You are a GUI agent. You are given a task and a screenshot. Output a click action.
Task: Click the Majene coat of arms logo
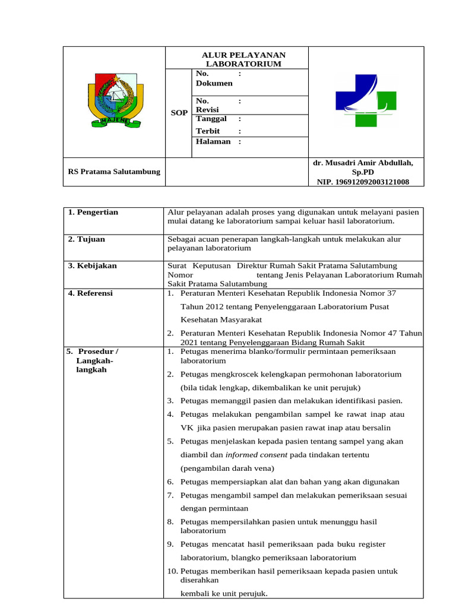coord(115,99)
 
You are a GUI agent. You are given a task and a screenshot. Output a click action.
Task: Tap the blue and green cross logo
coord(366,100)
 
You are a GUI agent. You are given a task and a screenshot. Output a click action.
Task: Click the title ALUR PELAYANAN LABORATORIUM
coord(236,59)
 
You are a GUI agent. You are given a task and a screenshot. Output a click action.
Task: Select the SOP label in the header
coord(179,113)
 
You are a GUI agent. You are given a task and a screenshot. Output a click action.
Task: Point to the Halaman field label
coord(213,141)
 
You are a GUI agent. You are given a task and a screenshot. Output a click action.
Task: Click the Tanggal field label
coord(211,119)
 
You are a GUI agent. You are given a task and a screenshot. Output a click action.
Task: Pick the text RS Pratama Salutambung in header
coord(113,172)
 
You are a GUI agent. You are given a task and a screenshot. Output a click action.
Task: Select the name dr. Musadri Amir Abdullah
coord(363,163)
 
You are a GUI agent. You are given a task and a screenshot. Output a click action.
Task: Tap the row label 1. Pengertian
coord(93,212)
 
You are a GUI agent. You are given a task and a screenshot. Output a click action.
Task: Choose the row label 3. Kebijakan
coord(92,265)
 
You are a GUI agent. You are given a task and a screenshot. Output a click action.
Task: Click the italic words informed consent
coord(256,455)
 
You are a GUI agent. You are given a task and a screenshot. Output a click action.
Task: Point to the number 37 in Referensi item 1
coord(391,293)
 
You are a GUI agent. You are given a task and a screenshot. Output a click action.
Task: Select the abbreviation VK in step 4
coord(188,428)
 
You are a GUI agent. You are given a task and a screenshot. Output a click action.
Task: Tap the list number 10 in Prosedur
coord(171,571)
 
